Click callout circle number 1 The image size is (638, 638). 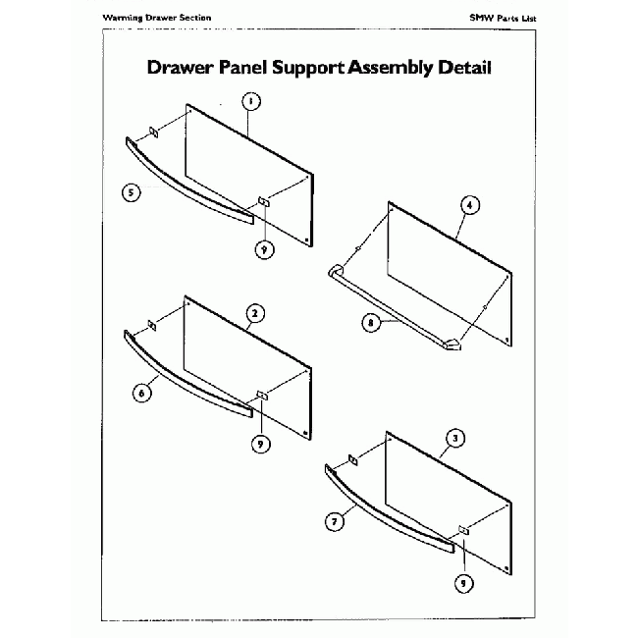[251, 101]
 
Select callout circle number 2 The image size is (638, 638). [253, 313]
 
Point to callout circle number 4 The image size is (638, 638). [470, 205]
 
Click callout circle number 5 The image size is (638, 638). [131, 193]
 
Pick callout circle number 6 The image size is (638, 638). [141, 392]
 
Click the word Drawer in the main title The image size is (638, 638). [175, 69]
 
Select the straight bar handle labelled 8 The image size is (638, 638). [393, 309]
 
